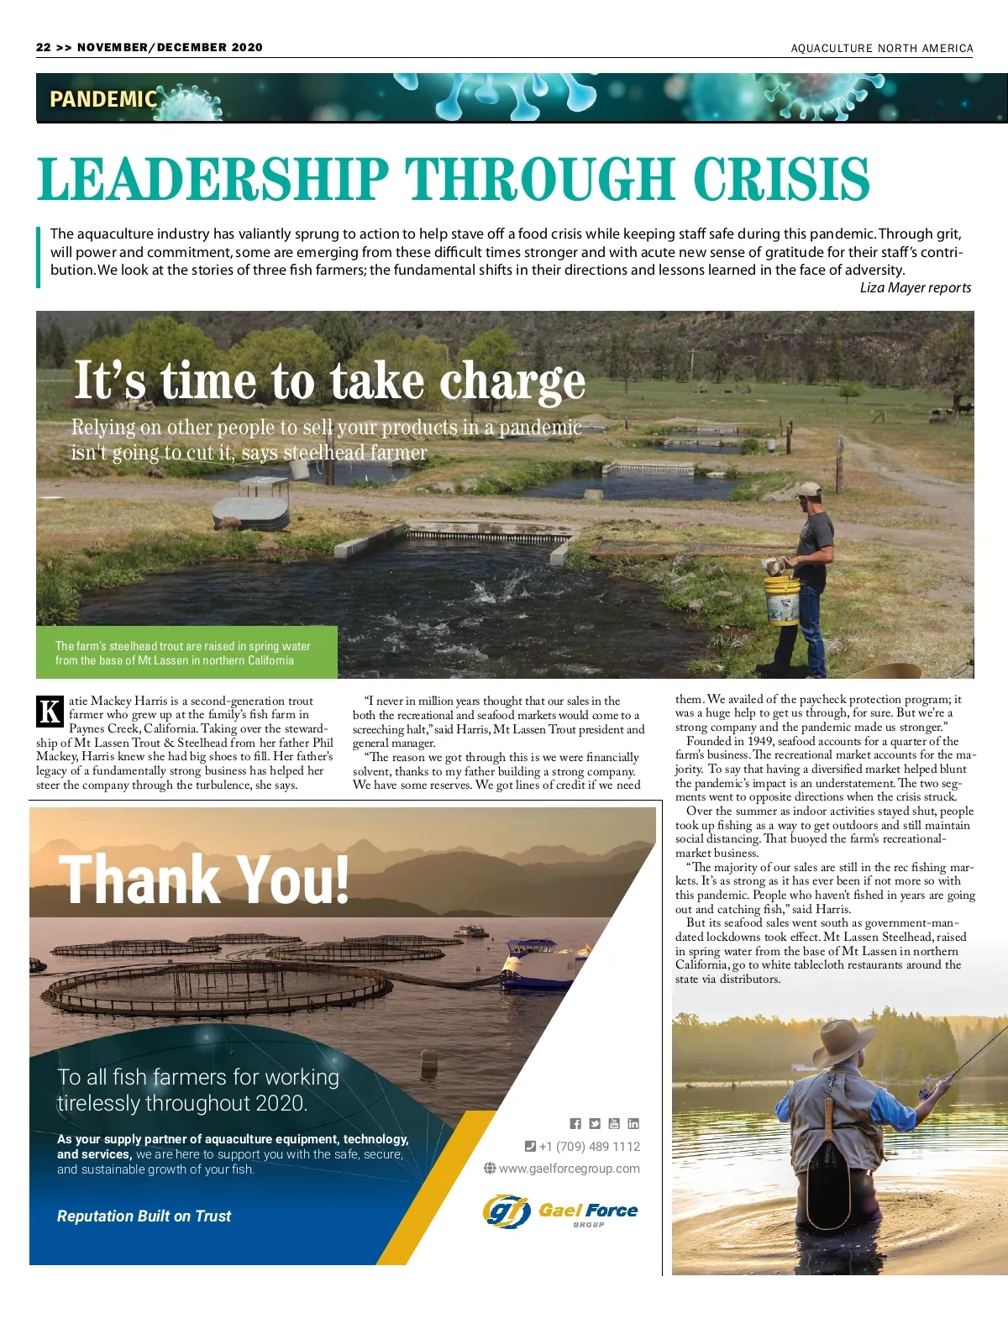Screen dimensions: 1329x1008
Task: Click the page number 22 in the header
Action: tap(44, 48)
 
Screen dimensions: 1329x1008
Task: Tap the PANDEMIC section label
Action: tap(103, 99)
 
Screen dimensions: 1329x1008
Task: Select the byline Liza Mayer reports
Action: tap(915, 287)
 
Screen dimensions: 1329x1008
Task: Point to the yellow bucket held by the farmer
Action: tap(781, 599)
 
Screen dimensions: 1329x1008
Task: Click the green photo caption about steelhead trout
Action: tap(186, 653)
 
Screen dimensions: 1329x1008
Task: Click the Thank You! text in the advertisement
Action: tap(204, 880)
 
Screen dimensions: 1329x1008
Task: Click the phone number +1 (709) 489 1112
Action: tap(589, 1147)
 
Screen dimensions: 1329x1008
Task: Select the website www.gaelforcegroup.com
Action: tap(569, 1169)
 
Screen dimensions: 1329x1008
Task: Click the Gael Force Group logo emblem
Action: tap(507, 1211)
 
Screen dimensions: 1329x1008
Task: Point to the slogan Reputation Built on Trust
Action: tap(144, 1216)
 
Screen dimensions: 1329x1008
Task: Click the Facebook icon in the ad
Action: tap(575, 1124)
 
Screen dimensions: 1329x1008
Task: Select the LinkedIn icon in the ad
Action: tap(633, 1124)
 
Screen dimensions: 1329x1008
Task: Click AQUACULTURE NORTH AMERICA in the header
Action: tap(881, 49)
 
